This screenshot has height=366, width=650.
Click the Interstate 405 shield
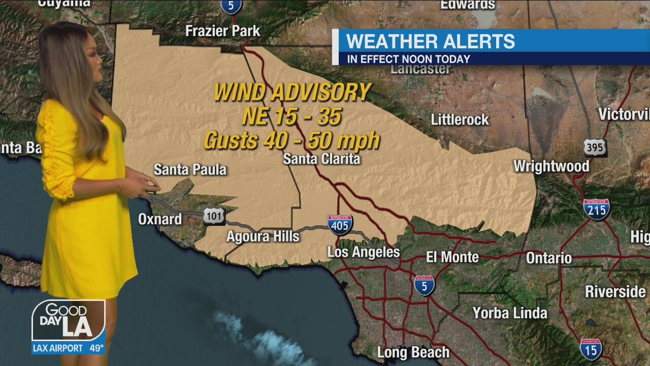point(340,225)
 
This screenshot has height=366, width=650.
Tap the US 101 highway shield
point(214,216)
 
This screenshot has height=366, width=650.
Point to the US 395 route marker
point(595,147)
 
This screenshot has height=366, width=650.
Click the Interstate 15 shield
point(591,349)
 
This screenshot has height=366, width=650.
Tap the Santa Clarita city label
point(321,159)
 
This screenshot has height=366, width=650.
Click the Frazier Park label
point(222,31)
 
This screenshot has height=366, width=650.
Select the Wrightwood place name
point(551,166)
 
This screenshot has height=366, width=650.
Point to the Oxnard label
point(160,219)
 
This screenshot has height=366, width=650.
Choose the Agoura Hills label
point(263,236)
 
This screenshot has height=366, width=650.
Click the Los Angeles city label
point(364,252)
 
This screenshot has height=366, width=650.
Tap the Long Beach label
point(413,352)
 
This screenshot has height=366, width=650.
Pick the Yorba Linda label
point(510,313)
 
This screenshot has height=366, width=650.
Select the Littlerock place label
point(460,120)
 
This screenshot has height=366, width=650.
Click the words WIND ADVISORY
point(292,93)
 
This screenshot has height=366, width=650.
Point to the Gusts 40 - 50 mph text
point(292,140)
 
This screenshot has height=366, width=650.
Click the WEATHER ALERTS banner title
point(431,41)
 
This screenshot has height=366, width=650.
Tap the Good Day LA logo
point(68,320)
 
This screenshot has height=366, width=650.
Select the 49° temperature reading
point(96,349)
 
